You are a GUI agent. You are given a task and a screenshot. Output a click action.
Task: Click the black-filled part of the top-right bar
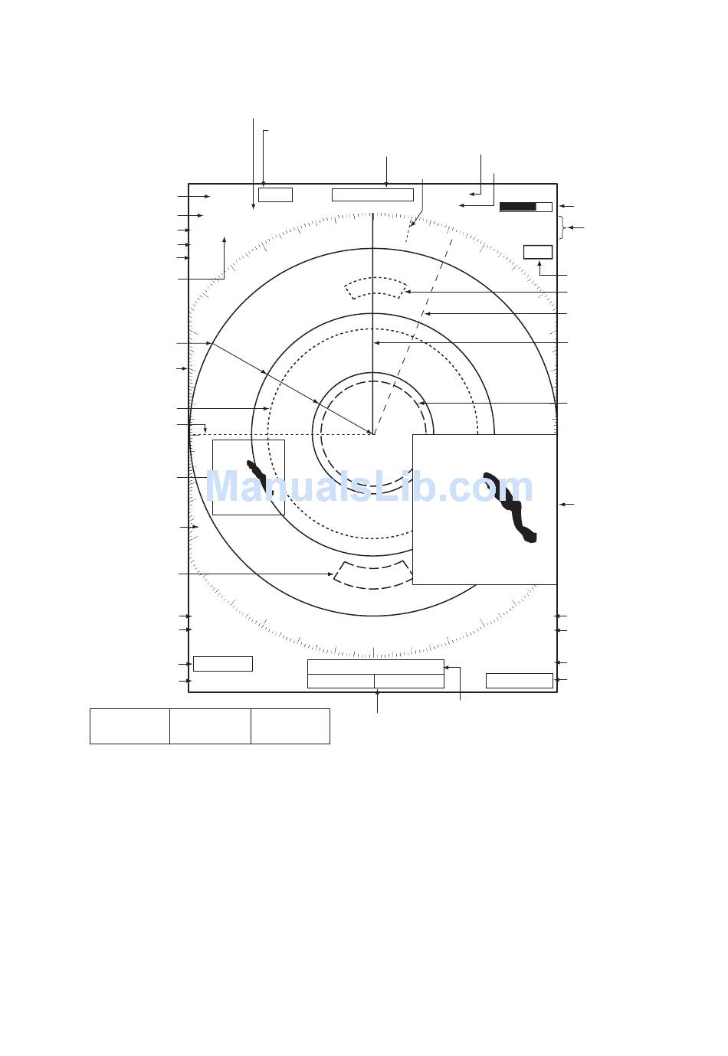click(x=517, y=207)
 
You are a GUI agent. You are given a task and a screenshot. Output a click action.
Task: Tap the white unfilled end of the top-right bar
click(x=544, y=207)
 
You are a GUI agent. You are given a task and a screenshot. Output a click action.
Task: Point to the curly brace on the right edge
click(x=562, y=227)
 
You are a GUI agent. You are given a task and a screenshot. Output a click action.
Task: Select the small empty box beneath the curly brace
click(x=538, y=252)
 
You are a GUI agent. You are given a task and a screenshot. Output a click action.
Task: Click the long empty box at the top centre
click(x=372, y=195)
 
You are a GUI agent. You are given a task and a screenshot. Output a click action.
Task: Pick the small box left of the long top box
click(x=276, y=195)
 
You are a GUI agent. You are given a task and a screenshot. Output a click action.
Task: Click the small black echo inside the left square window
click(x=257, y=476)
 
